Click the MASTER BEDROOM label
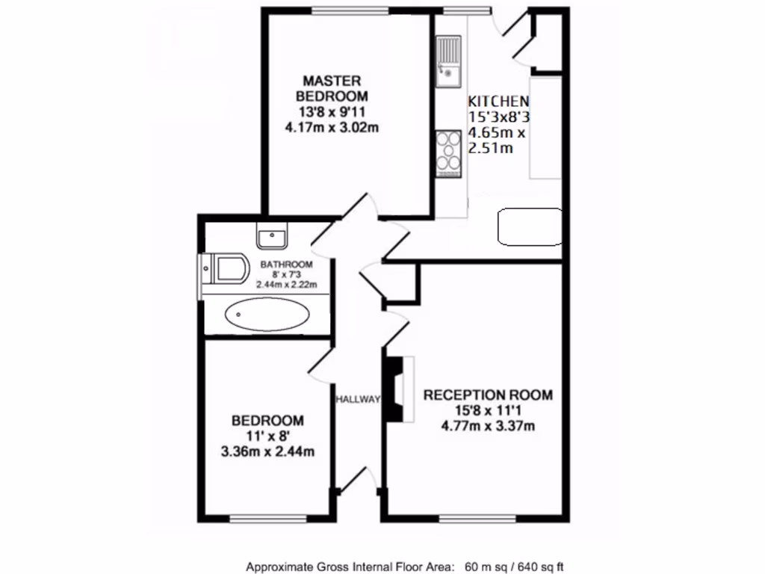pyautogui.click(x=332, y=88)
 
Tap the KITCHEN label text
pyautogui.click(x=498, y=101)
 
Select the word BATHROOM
pyautogui.click(x=286, y=265)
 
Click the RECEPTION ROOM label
pyautogui.click(x=488, y=395)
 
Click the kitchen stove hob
pyautogui.click(x=448, y=153)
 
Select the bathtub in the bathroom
pyautogui.click(x=267, y=315)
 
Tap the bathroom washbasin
pyautogui.click(x=272, y=237)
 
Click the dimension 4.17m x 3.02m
pyautogui.click(x=332, y=127)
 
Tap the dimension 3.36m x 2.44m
pyautogui.click(x=267, y=451)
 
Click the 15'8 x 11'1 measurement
pyautogui.click(x=488, y=411)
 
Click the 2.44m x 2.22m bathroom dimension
pyautogui.click(x=286, y=285)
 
